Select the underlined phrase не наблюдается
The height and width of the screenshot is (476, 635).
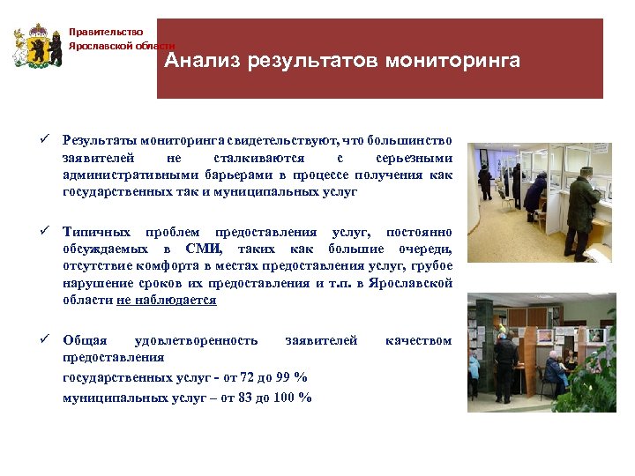pyautogui.click(x=167, y=300)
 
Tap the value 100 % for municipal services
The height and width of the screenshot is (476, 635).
pyautogui.click(x=293, y=397)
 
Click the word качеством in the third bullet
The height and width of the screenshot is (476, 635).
pyautogui.click(x=419, y=340)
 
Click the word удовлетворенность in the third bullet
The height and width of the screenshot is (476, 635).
pyautogui.click(x=196, y=340)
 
